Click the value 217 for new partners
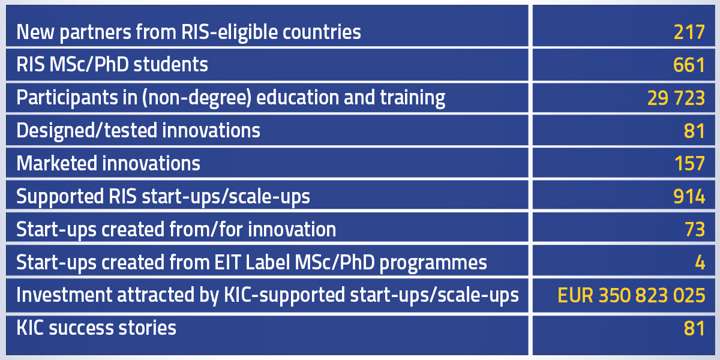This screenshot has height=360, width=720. pyautogui.click(x=689, y=32)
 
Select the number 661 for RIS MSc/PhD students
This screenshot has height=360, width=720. pyautogui.click(x=689, y=65)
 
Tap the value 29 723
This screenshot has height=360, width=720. pyautogui.click(x=676, y=98)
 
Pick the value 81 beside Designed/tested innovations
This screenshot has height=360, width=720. pyautogui.click(x=694, y=131)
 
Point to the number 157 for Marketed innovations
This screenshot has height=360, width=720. pyautogui.click(x=689, y=164)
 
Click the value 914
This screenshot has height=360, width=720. pyautogui.click(x=689, y=196)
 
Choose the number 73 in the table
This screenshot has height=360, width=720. pyautogui.click(x=695, y=229)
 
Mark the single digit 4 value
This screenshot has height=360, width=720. pyautogui.click(x=700, y=263)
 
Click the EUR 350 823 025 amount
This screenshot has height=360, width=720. pyautogui.click(x=631, y=295)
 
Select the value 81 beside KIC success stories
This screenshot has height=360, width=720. pyautogui.click(x=694, y=329)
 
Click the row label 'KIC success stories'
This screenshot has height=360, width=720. pyautogui.click(x=96, y=328)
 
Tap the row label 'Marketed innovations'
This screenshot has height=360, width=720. pyautogui.click(x=108, y=163)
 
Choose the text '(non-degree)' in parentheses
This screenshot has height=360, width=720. pyautogui.click(x=197, y=98)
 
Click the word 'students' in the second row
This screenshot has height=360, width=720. pyautogui.click(x=170, y=64)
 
